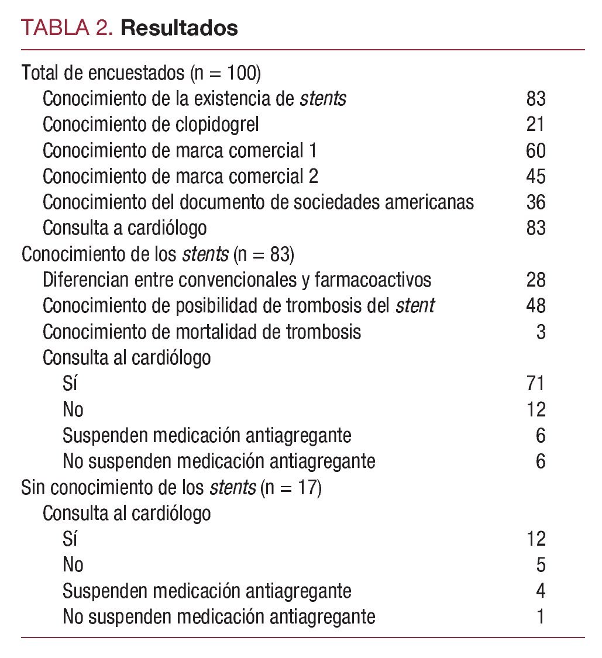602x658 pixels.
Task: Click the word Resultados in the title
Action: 179,27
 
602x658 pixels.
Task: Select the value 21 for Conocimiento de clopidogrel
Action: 535,125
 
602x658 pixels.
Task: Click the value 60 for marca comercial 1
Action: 535,151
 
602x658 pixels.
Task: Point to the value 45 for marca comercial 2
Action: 535,177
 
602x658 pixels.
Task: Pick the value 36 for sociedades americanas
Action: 535,202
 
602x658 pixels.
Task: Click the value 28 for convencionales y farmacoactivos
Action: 535,280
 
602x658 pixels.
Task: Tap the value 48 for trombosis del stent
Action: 535,306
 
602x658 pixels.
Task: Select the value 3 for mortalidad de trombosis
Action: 541,332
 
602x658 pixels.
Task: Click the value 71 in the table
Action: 535,384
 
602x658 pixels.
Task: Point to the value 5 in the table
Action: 541,565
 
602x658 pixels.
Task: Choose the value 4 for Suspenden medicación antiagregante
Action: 541,591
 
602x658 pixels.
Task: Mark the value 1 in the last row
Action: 541,616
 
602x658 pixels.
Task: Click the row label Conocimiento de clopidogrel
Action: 151,125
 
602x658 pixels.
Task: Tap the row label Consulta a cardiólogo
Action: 125,228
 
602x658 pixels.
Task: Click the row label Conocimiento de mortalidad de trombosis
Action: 202,332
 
